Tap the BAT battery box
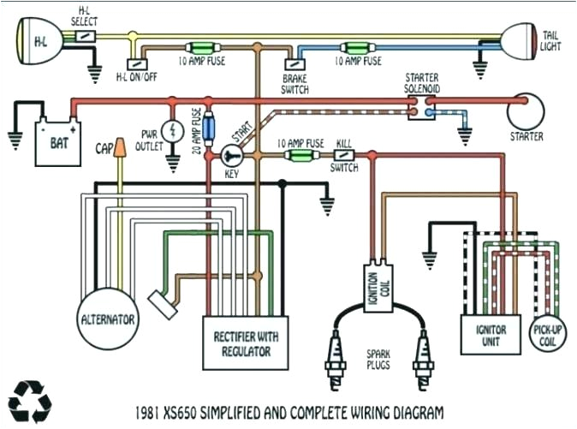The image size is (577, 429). coord(57,143)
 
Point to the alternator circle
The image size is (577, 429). coord(108,319)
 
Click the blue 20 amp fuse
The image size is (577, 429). coord(207,129)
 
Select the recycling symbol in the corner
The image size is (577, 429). coord(30,399)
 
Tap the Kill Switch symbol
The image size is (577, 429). coord(345,155)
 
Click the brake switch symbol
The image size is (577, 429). coord(294,62)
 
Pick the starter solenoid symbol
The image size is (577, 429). coord(422,106)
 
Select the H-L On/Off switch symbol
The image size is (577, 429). coord(136,63)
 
